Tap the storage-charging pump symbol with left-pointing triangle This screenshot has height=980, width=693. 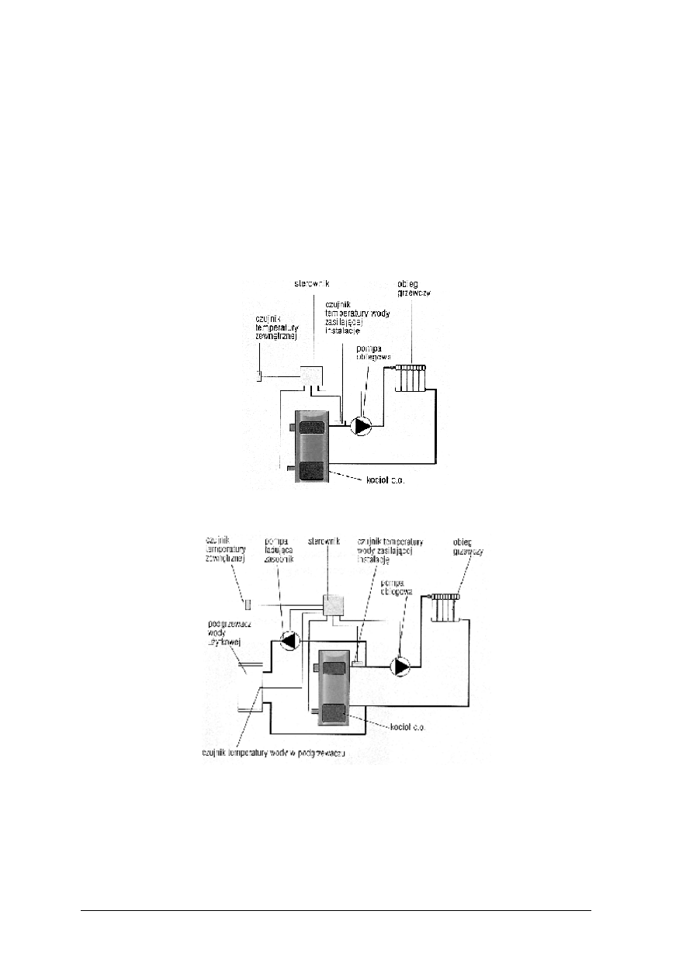click(289, 641)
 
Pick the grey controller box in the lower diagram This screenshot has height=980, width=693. click(334, 605)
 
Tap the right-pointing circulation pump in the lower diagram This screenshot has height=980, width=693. click(401, 667)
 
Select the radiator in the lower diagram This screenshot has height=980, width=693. click(445, 607)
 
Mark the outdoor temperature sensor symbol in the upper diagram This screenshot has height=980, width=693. click(260, 376)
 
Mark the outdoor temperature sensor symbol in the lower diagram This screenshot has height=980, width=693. click(248, 604)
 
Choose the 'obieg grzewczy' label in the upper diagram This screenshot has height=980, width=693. click(414, 288)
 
